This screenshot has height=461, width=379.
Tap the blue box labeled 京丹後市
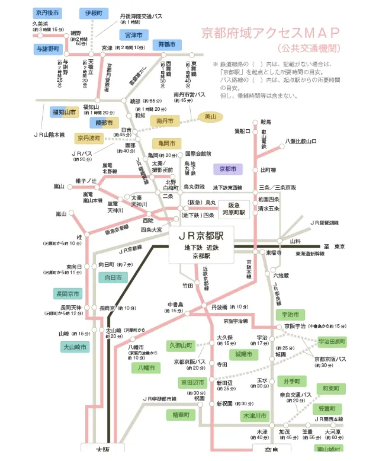click(47, 12)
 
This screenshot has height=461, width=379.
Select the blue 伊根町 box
click(93, 12)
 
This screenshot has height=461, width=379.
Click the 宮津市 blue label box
click(133, 34)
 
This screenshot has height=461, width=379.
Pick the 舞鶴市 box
click(164, 44)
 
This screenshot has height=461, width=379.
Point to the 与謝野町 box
click(47, 48)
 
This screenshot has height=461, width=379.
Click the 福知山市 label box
click(64, 111)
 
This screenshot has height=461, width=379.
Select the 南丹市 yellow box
click(165, 121)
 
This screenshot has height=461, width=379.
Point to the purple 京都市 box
click(227, 169)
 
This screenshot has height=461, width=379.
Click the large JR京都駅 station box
click(201, 243)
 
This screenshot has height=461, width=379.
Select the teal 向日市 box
click(113, 277)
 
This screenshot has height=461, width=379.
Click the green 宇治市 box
click(290, 315)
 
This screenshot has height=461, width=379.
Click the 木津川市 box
click(255, 416)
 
